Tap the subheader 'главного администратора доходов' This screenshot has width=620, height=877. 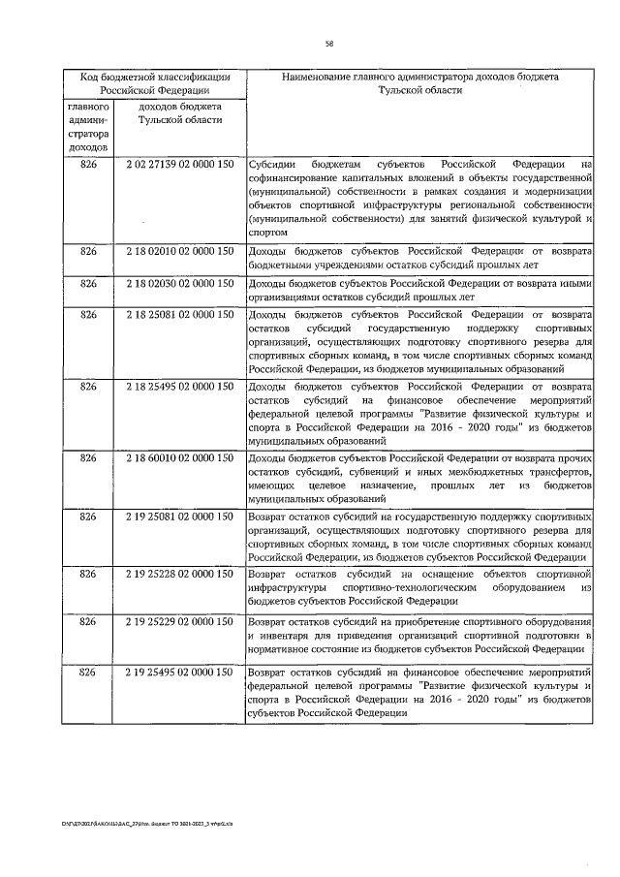(x=88, y=126)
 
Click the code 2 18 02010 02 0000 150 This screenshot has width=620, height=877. (x=180, y=251)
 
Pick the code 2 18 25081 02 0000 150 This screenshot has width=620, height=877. (x=180, y=314)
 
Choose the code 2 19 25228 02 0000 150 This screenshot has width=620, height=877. (x=180, y=574)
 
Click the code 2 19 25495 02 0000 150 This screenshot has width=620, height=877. (x=180, y=671)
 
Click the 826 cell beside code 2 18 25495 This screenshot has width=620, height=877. (x=88, y=387)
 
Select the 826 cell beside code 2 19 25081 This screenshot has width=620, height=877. (x=88, y=517)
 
